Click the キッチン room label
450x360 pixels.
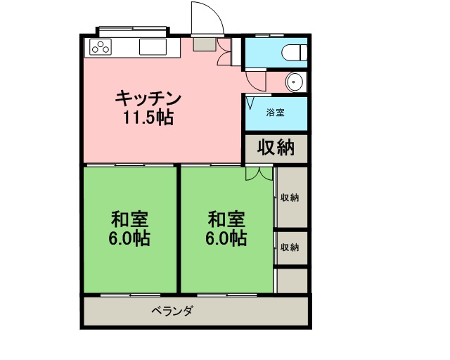coord(148,98)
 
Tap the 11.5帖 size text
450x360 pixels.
coord(148,117)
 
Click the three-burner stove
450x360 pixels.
coord(101,47)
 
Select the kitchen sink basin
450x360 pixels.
coord(153,47)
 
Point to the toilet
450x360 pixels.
coord(294,53)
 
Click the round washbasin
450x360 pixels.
coord(294,82)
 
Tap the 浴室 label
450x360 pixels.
coord(275,112)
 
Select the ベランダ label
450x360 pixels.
coord(172,310)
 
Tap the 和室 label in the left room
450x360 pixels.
coord(129,219)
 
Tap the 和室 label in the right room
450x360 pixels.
coord(226,219)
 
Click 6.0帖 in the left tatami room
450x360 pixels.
coord(129,238)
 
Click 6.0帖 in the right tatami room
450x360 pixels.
coord(226,238)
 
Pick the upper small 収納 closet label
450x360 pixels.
coord(290,198)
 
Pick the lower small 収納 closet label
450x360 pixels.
coord(290,247)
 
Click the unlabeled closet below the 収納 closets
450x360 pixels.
coord(292,281)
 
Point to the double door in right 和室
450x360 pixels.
coord(259,174)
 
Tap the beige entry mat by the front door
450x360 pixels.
coord(205,44)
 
